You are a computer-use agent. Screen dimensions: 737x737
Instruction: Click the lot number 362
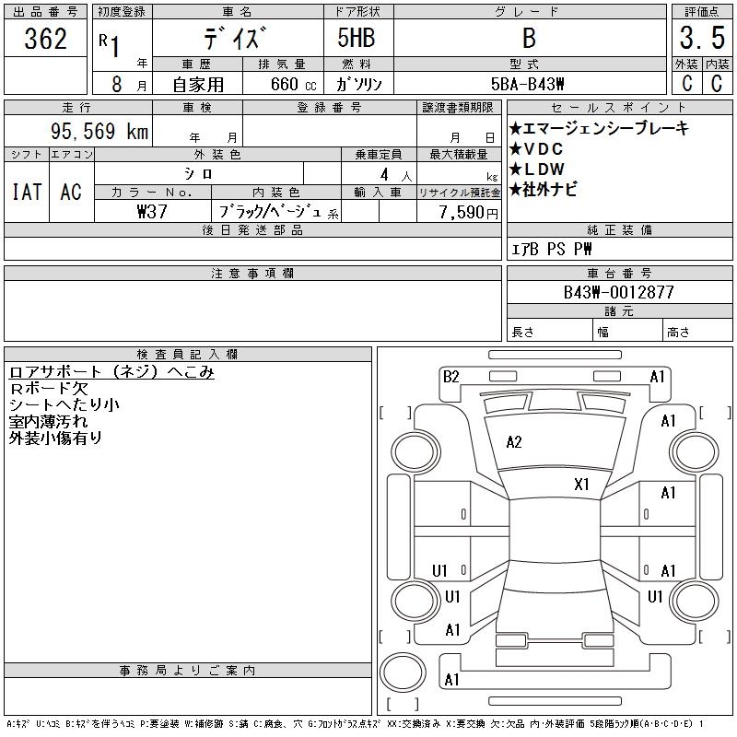46,40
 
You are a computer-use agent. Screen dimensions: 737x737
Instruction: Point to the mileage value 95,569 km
101,132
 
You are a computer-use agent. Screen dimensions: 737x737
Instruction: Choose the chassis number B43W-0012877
619,292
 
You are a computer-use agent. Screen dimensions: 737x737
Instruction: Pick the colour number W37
150,210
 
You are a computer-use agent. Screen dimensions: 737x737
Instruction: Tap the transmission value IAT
26,192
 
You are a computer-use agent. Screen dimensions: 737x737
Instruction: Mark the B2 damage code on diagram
450,377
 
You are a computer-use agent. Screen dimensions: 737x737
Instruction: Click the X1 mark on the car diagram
581,484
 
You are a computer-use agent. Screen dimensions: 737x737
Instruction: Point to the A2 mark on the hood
514,442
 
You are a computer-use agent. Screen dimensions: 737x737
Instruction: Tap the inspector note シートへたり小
64,404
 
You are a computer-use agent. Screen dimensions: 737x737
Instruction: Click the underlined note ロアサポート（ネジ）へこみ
111,371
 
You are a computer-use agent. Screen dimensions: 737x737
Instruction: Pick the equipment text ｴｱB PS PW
552,249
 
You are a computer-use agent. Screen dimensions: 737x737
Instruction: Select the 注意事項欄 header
252,274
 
